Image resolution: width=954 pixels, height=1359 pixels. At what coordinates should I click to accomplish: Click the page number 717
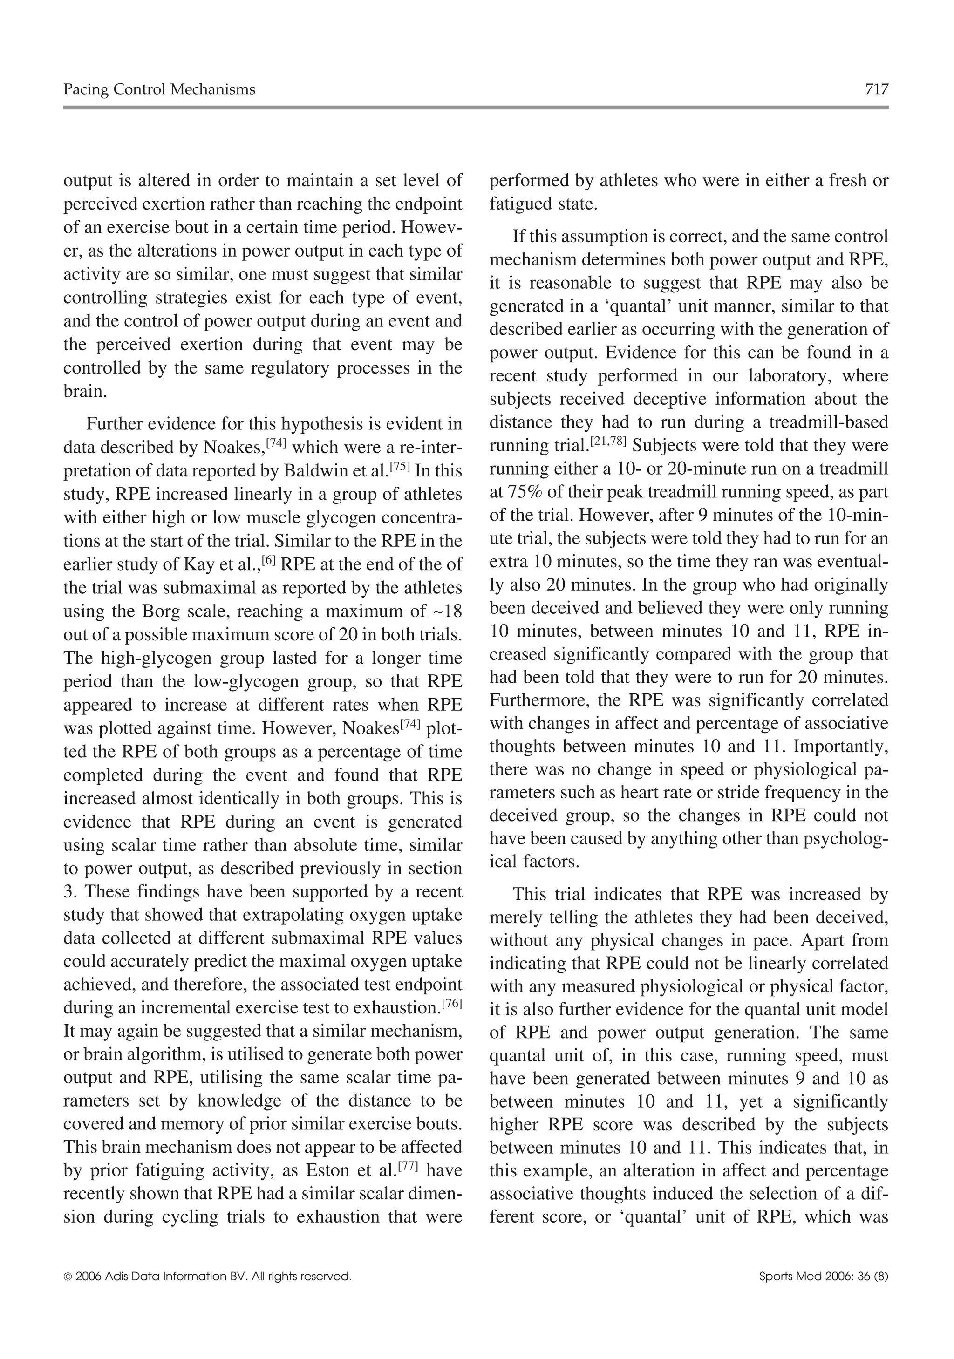(876, 89)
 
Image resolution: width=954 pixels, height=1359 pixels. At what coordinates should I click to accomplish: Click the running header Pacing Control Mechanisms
(159, 89)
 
